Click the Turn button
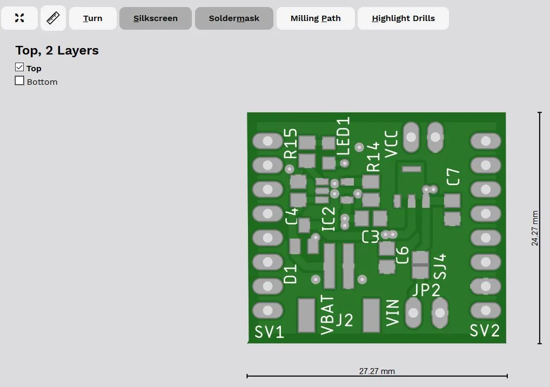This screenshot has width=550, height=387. click(x=93, y=18)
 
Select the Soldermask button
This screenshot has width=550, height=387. click(x=234, y=18)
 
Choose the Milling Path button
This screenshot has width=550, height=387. click(x=316, y=18)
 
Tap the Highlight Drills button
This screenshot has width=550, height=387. click(x=403, y=18)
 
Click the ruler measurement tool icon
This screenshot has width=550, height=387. click(x=53, y=18)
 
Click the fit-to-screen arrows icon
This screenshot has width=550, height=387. click(x=19, y=18)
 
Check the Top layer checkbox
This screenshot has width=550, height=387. click(x=19, y=67)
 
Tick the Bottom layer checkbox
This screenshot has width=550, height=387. click(x=19, y=80)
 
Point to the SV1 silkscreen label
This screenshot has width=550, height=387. click(x=269, y=332)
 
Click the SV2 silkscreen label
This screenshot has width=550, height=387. click(x=485, y=330)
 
